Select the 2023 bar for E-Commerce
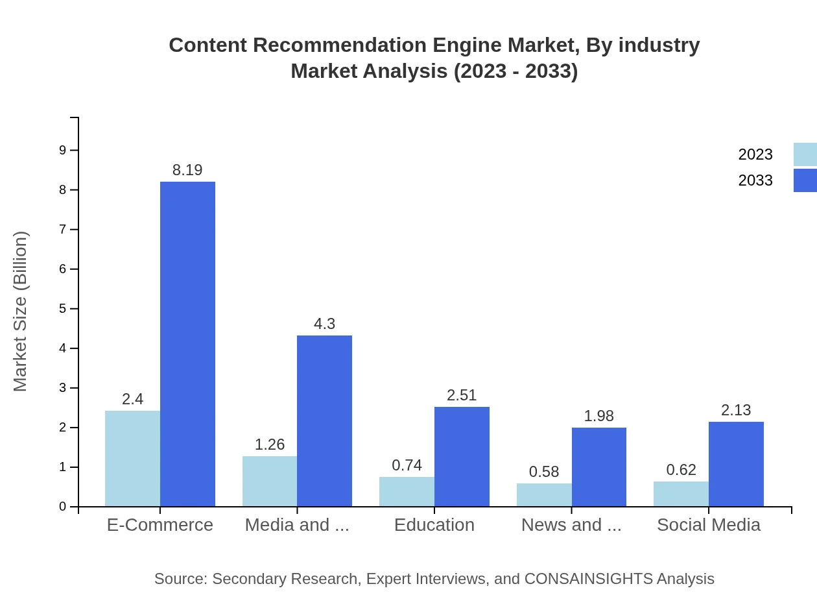tap(132, 458)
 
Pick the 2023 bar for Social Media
tap(681, 494)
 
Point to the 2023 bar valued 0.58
tap(544, 495)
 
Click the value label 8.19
tap(187, 170)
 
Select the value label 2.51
tap(462, 395)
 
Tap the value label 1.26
tap(270, 445)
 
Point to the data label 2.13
tap(736, 410)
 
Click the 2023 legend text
tap(755, 154)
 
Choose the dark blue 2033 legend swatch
tap(805, 180)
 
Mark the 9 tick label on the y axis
tap(63, 150)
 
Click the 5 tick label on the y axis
tap(63, 308)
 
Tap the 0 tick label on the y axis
tap(63, 506)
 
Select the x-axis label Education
tap(434, 524)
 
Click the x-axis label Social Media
tap(709, 524)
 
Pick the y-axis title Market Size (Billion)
tap(21, 311)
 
